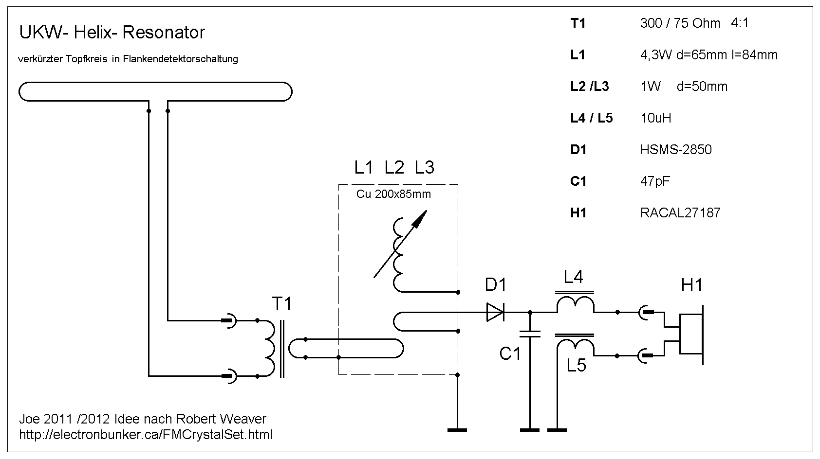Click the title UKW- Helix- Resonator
coord(112,33)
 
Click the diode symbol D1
coord(495,312)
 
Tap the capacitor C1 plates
coord(530,334)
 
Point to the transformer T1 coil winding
coord(269,348)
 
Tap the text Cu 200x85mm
coord(393,194)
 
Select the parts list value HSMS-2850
coord(676,149)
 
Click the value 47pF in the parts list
coord(655,181)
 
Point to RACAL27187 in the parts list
coord(680,212)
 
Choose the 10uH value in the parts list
coord(655,118)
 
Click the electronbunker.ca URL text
coord(146,434)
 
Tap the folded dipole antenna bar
coord(155,92)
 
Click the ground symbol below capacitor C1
coord(530,430)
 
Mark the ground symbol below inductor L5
coord(557,430)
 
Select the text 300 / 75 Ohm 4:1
coord(694,23)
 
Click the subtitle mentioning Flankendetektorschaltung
coord(128,59)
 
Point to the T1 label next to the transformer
coord(281,304)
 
